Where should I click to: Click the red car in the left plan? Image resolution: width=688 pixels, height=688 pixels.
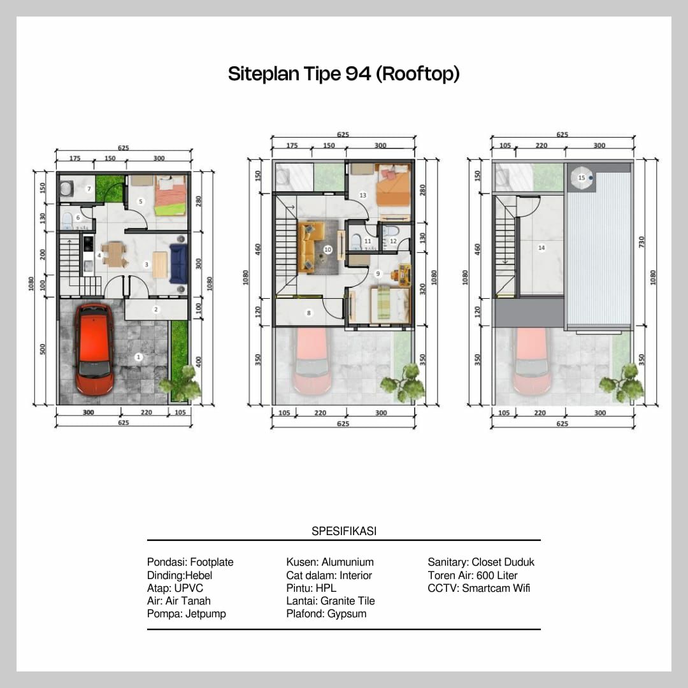click(x=94, y=348)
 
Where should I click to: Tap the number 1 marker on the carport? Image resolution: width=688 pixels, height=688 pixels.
click(x=138, y=358)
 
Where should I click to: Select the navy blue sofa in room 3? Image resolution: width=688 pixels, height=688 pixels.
click(x=178, y=264)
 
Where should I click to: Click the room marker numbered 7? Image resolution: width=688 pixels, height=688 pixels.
click(x=89, y=189)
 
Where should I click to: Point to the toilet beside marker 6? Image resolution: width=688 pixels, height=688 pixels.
click(x=68, y=221)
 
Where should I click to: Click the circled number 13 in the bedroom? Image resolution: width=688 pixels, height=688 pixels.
click(x=362, y=195)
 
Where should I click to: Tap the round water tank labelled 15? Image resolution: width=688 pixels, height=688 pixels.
click(x=581, y=178)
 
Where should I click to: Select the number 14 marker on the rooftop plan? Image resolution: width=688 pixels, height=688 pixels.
click(x=541, y=248)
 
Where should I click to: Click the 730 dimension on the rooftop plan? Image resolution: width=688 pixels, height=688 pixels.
click(x=642, y=241)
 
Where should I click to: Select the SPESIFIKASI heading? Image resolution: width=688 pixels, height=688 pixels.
click(x=344, y=531)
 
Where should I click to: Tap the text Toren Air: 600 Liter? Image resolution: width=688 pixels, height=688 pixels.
click(x=473, y=575)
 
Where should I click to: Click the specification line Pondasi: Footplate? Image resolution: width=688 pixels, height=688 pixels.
click(x=190, y=563)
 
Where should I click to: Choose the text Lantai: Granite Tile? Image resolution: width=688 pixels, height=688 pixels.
click(x=330, y=601)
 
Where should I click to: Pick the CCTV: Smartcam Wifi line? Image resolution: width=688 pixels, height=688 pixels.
click(x=478, y=588)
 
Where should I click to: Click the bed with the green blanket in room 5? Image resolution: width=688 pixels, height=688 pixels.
click(x=170, y=196)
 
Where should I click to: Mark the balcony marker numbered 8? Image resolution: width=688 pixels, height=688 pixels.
click(x=309, y=313)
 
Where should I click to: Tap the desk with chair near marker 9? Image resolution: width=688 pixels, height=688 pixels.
click(x=401, y=275)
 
